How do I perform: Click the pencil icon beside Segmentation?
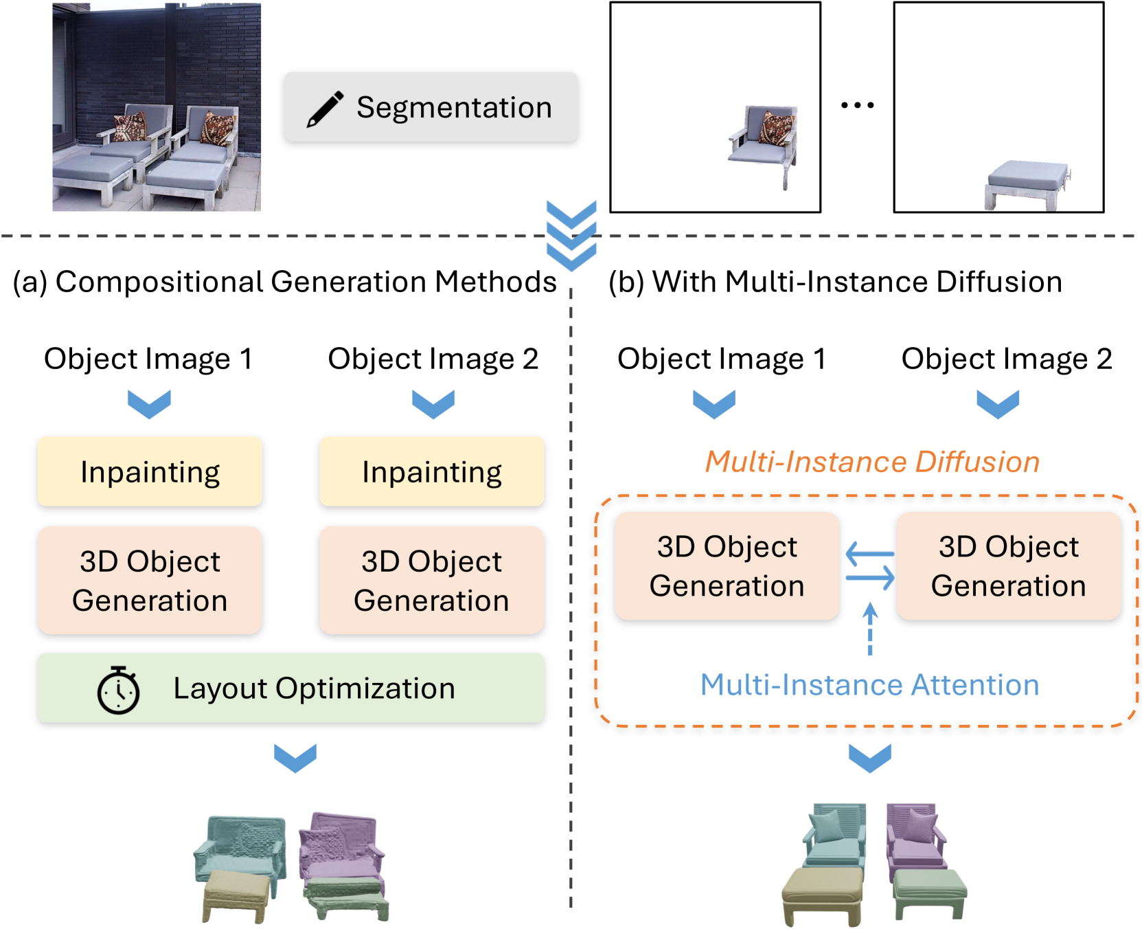(x=325, y=109)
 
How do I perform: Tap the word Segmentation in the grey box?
(x=454, y=108)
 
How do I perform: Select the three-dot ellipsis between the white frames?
(x=857, y=105)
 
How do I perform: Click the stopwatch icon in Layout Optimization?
(x=118, y=690)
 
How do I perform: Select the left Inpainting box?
(x=150, y=472)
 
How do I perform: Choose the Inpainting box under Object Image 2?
(x=431, y=472)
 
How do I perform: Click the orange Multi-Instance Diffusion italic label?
(x=872, y=462)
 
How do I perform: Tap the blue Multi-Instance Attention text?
(x=869, y=685)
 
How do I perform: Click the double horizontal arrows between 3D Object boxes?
(x=869, y=566)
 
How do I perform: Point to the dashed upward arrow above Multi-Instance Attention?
(x=870, y=629)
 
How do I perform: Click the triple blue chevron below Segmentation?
(x=571, y=236)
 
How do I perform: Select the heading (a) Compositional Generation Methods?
(x=285, y=282)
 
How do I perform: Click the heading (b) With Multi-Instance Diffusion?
(x=835, y=282)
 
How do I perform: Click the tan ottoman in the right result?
(x=822, y=893)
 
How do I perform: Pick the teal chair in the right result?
(x=834, y=835)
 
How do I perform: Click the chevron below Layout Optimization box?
(x=295, y=757)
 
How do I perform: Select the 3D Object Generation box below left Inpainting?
(x=150, y=581)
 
